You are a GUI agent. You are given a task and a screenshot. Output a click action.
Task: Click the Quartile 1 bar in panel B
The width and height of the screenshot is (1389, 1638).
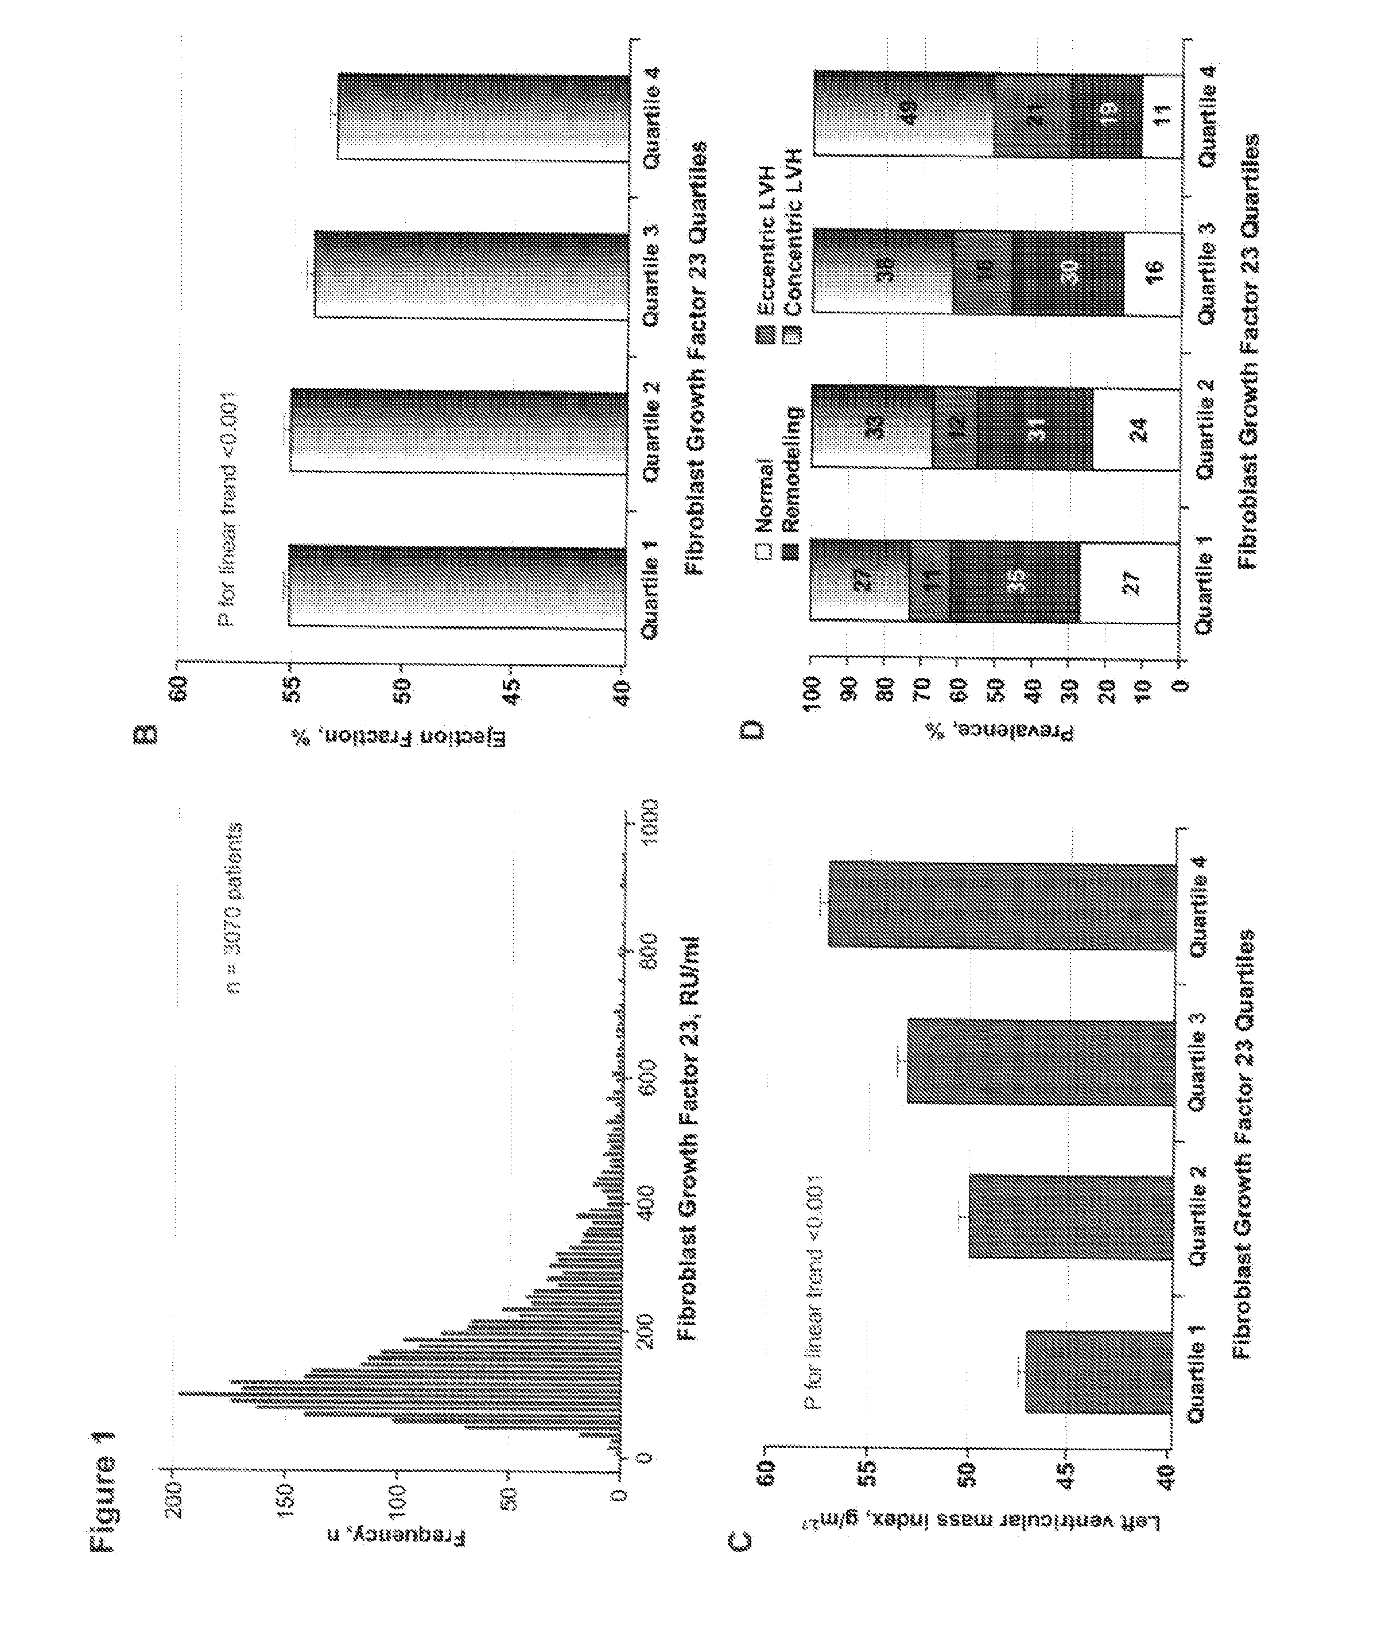457,586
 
